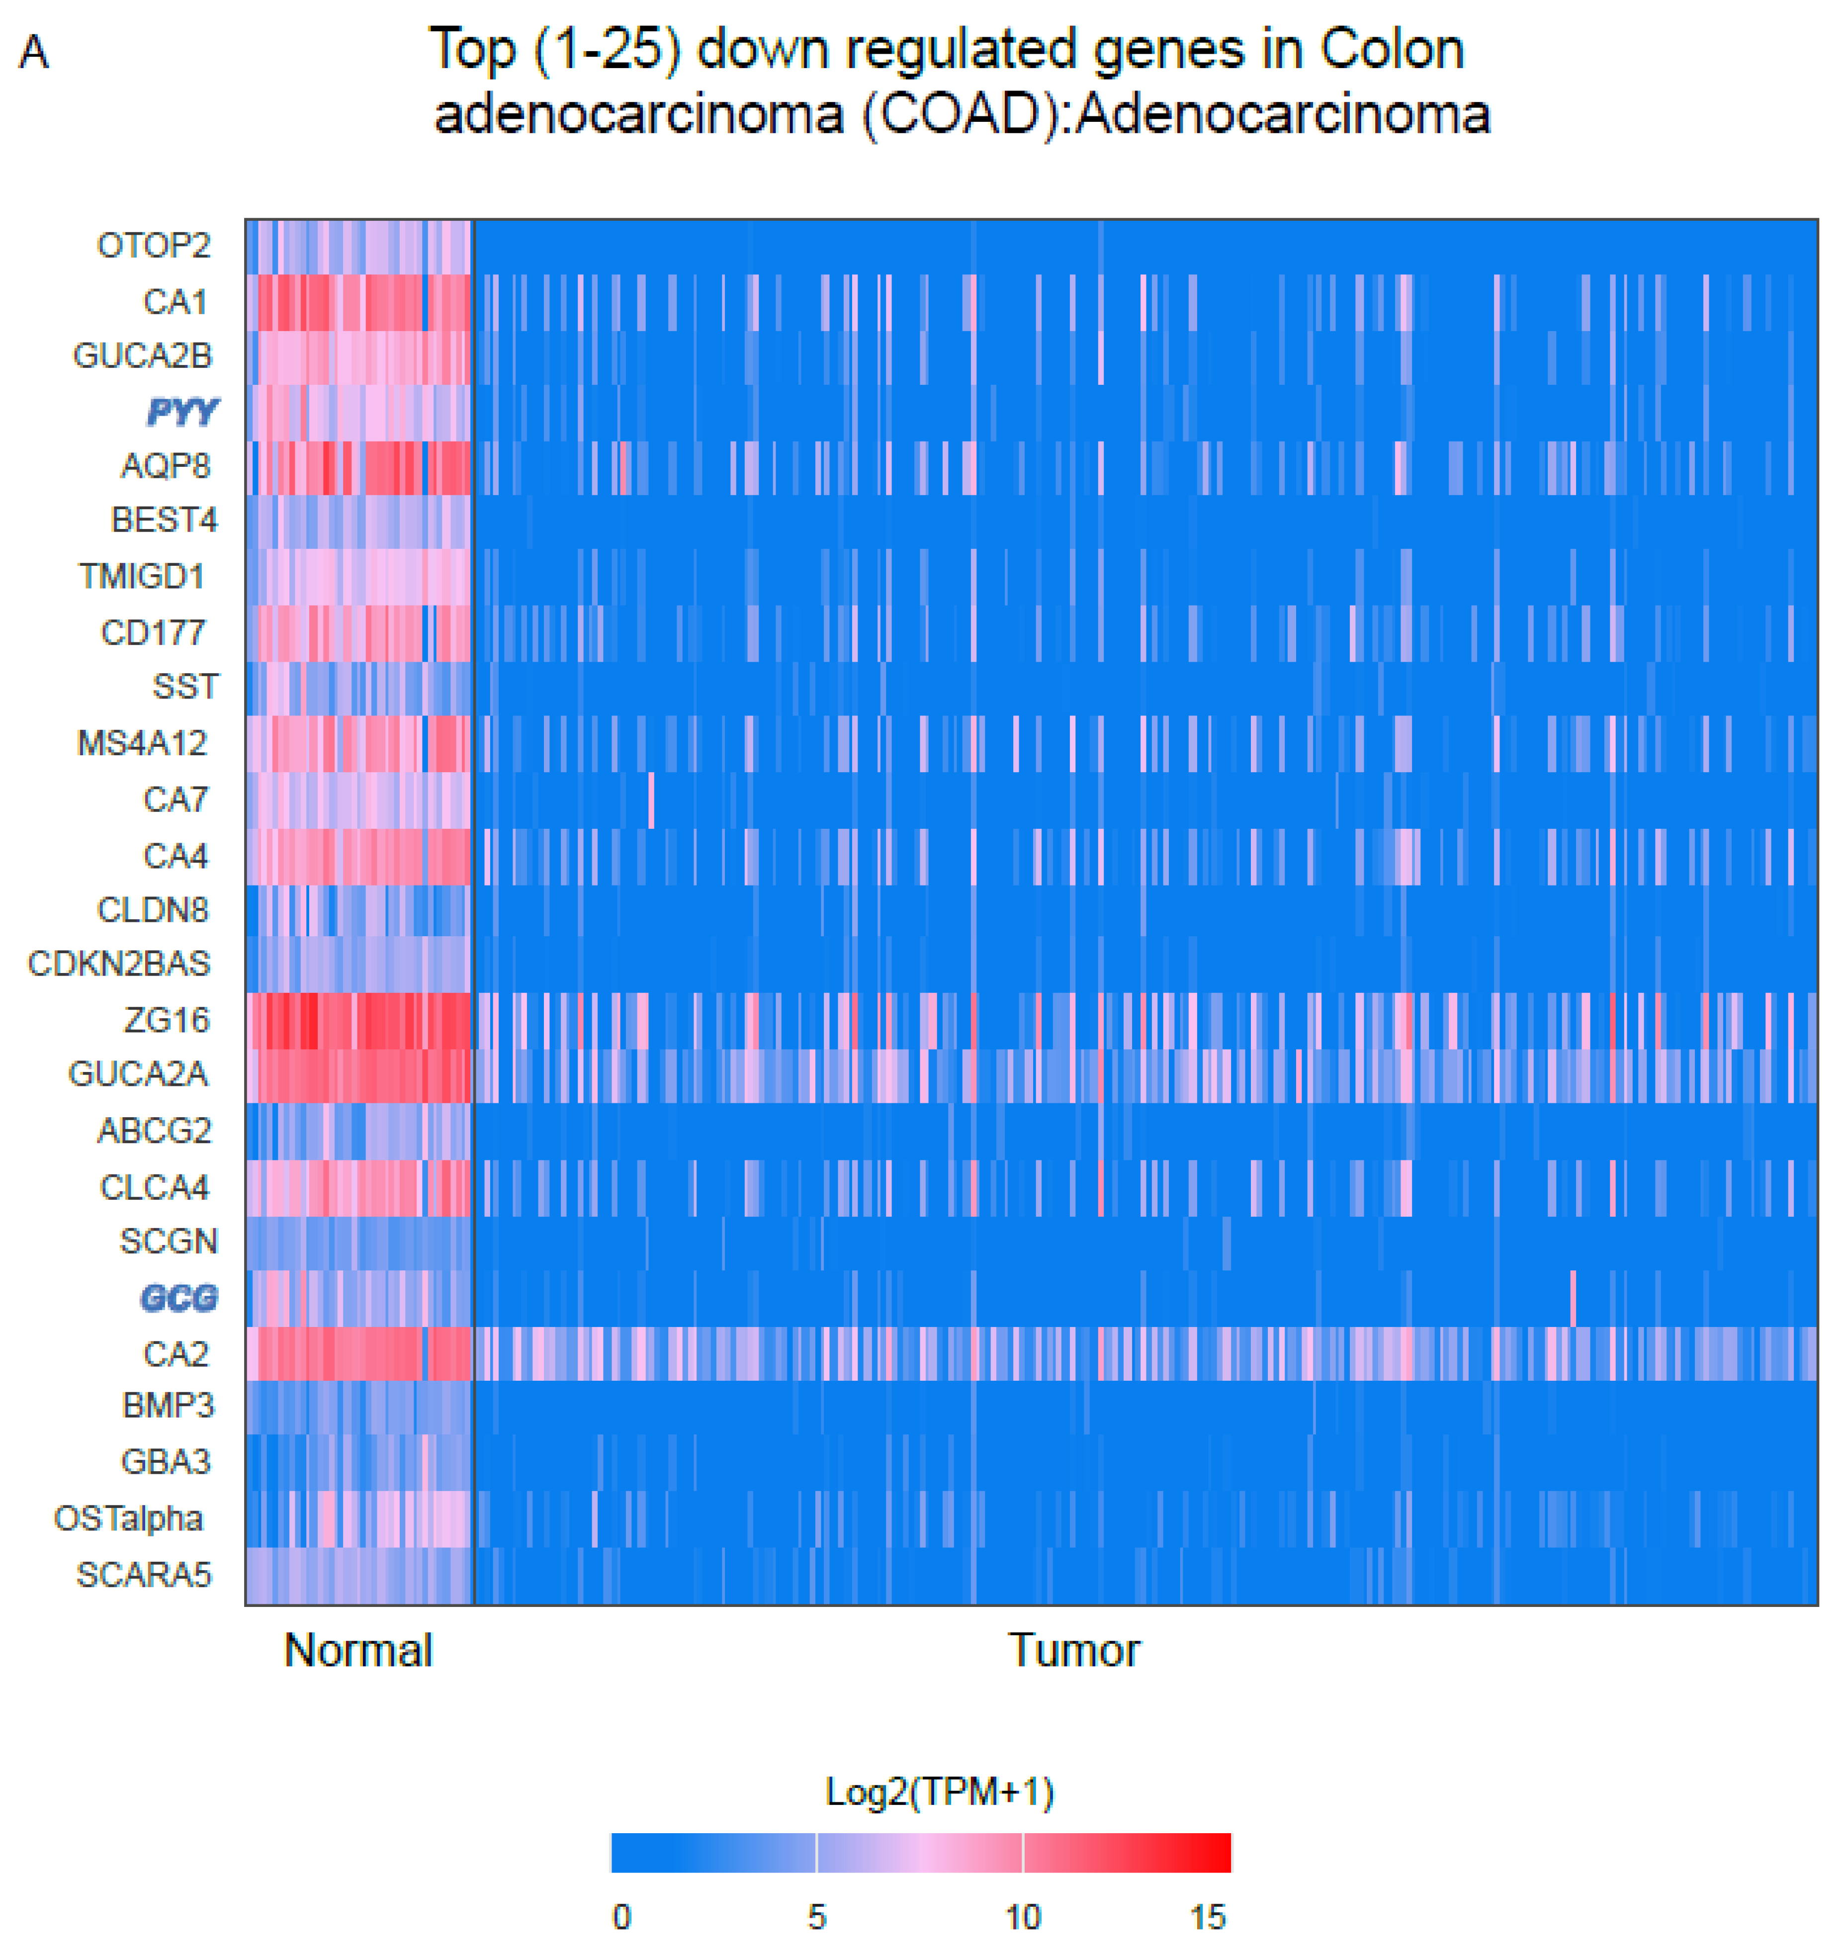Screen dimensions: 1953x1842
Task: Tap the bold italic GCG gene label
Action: [179, 1299]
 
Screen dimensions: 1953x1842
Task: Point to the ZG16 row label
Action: [166, 1021]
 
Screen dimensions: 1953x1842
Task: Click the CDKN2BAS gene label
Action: [119, 964]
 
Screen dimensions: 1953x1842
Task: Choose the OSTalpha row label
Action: [129, 1519]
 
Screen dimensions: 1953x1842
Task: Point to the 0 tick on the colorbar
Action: [622, 1917]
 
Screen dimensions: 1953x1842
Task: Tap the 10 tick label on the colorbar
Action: [1023, 1917]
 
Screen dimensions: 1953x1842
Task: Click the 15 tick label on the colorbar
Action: [1208, 1917]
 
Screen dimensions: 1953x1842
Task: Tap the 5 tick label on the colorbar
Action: [816, 1917]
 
